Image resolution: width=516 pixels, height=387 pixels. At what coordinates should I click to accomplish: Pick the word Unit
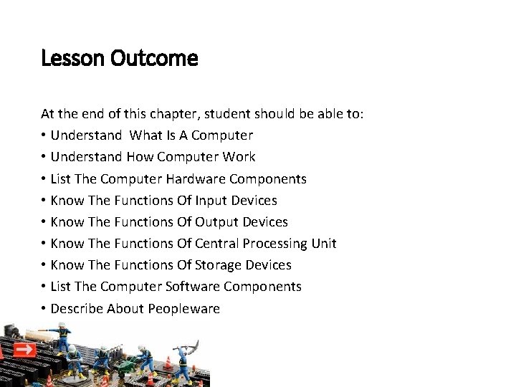[x=324, y=244]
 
